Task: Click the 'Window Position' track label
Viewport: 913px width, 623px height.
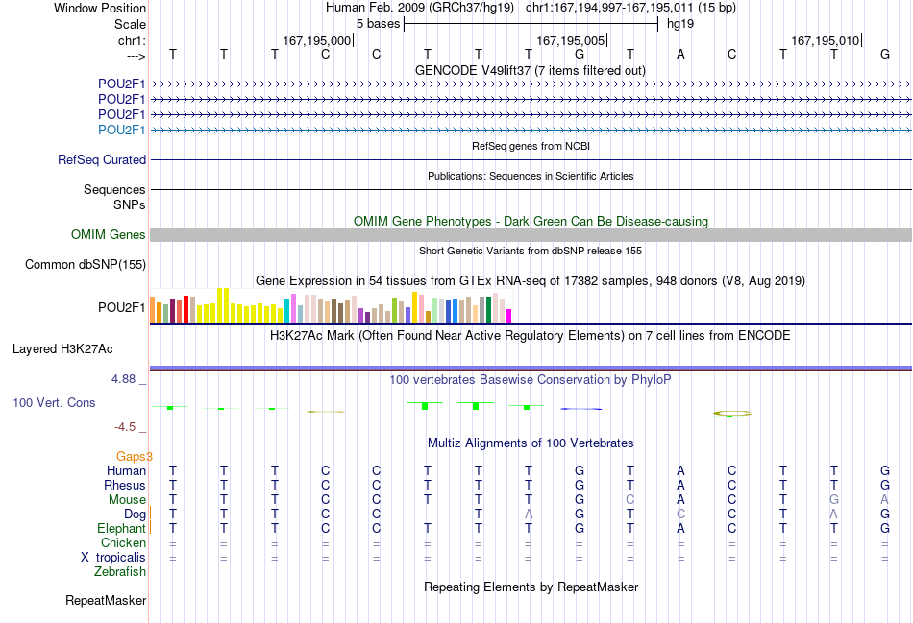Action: pos(100,8)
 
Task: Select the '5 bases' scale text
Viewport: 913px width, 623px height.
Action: pos(378,24)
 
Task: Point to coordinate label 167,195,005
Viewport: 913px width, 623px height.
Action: pos(571,40)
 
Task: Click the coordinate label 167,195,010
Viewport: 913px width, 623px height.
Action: pos(826,40)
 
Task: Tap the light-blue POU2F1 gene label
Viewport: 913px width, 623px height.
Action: pos(122,130)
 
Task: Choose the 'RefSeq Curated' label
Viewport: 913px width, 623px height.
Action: pos(102,159)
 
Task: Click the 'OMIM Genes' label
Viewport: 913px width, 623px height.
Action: pos(109,234)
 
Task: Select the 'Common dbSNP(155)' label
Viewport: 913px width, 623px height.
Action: pos(86,265)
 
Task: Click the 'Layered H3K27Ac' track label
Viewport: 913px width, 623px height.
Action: pos(62,349)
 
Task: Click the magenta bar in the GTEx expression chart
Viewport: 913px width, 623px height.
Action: pos(509,316)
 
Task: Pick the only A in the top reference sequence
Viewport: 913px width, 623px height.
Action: pos(680,54)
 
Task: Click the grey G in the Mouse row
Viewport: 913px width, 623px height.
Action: pos(834,500)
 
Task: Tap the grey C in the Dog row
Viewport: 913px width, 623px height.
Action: pos(680,515)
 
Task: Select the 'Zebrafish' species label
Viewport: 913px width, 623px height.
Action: pos(120,572)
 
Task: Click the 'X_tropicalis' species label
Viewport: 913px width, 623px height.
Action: pos(113,558)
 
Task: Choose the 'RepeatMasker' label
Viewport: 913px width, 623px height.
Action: pos(106,600)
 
